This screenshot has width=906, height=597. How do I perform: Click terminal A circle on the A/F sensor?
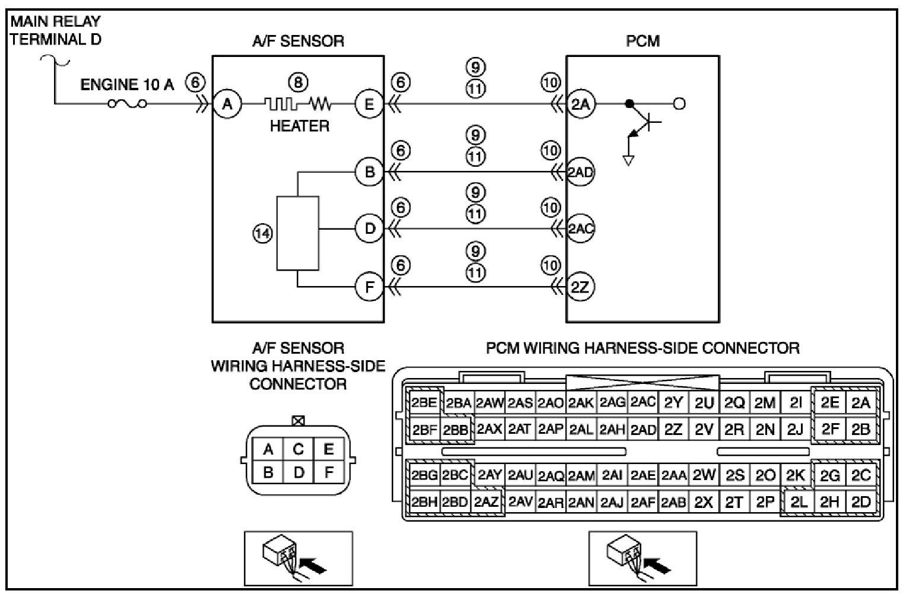227,104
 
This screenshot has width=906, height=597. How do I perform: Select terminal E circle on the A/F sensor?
369,104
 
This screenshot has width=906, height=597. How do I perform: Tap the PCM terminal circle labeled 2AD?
581,172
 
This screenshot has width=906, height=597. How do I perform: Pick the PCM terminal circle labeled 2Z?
581,287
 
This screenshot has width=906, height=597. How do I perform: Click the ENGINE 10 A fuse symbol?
127,104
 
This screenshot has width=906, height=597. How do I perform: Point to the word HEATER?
300,126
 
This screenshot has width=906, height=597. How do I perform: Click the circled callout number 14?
263,234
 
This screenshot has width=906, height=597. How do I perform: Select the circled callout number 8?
298,82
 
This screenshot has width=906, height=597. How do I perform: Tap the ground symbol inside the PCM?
628,161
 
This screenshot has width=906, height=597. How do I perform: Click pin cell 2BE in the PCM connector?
424,402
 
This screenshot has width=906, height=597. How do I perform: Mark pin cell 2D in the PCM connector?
861,502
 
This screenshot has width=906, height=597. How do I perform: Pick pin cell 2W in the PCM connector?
704,475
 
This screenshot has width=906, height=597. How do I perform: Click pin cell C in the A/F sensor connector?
298,449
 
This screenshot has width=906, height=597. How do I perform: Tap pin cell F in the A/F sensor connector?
329,472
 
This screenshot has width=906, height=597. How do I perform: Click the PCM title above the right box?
643,41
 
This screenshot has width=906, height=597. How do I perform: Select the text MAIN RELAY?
55,21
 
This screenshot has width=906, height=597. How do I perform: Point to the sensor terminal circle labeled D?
369,229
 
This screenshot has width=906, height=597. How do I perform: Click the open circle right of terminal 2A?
679,104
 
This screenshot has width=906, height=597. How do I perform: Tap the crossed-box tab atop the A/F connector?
298,421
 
